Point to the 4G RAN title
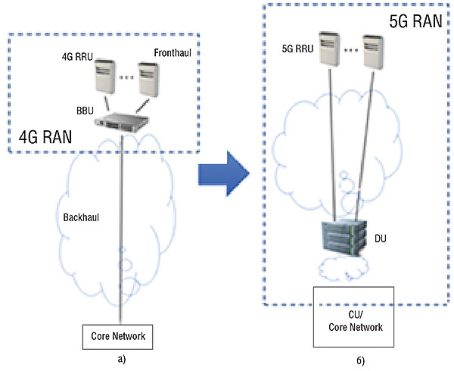(x=47, y=137)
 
